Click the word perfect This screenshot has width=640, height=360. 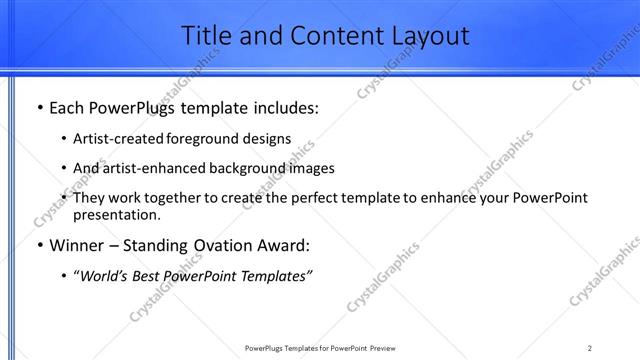pyautogui.click(x=306, y=198)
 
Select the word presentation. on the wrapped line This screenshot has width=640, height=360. pyautogui.click(x=116, y=214)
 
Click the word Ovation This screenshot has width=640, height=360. pyautogui.click(x=220, y=245)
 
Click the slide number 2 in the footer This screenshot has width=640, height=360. pyautogui.click(x=590, y=348)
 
